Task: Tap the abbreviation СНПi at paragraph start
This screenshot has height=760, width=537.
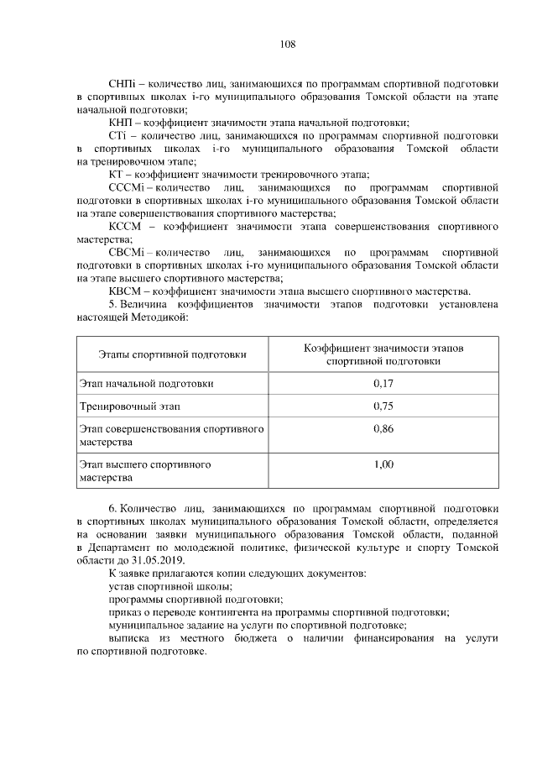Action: (124, 84)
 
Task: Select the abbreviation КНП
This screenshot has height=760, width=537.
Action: (123, 123)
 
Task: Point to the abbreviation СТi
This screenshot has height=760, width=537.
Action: (119, 135)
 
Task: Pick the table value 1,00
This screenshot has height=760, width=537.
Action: (383, 464)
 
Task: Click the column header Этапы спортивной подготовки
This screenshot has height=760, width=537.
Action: (172, 354)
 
